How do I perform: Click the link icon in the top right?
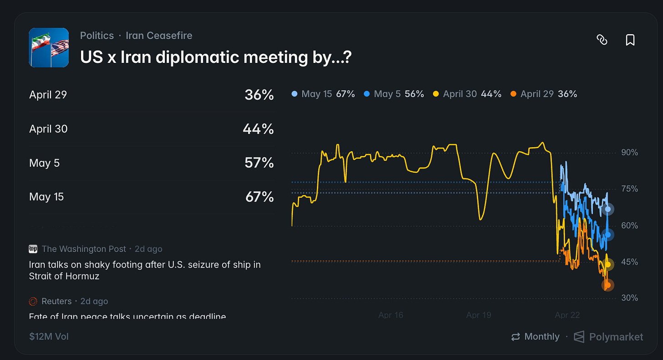(602, 40)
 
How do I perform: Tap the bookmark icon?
(630, 40)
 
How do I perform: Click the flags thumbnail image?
(49, 48)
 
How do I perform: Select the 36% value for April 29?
(259, 95)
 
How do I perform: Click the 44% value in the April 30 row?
(258, 129)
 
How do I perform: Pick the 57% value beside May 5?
(259, 163)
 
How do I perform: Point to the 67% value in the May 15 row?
(259, 197)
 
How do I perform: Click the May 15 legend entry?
(323, 94)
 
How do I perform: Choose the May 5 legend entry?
(394, 94)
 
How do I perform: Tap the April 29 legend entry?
(544, 94)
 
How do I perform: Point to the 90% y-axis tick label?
(629, 153)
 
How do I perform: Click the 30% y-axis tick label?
(629, 298)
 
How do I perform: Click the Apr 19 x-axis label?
(479, 315)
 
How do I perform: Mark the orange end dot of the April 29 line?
(607, 285)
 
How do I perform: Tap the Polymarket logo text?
(616, 337)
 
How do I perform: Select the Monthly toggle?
(535, 337)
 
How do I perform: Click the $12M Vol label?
(49, 337)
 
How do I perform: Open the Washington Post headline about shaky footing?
(144, 270)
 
